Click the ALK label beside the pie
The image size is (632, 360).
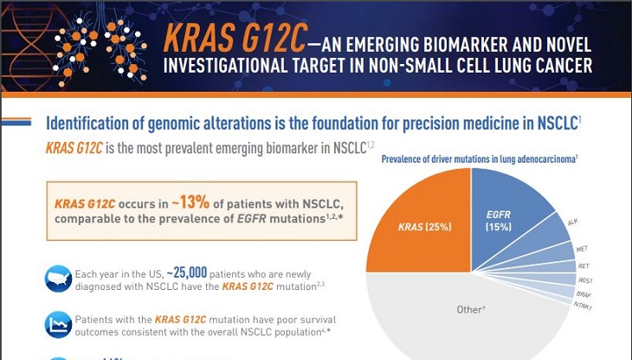click(572, 222)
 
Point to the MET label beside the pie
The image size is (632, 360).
click(583, 248)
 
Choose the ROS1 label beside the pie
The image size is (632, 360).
click(585, 280)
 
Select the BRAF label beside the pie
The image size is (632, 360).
click(584, 294)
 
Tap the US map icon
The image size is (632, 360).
click(57, 277)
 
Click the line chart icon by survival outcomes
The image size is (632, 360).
click(57, 325)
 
